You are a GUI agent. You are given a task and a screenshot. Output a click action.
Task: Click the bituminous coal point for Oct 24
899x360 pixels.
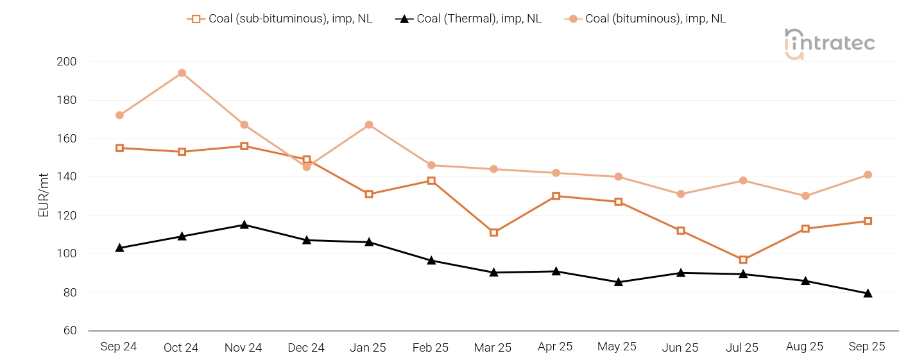coord(182,73)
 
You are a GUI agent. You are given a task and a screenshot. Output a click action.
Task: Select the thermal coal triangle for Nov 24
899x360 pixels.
coord(244,225)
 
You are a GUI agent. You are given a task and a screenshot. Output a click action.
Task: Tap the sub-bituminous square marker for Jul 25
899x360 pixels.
coord(743,260)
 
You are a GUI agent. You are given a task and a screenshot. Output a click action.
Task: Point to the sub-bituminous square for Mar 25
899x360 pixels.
coord(493,232)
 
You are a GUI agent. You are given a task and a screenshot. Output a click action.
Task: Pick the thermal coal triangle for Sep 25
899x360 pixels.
coord(868,293)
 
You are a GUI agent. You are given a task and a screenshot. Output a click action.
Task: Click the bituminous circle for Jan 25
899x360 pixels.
coord(369,124)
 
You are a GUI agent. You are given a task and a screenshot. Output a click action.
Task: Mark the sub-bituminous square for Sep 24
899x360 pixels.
coord(119,148)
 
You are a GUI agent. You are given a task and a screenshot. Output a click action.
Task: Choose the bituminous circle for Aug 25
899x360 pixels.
coord(805,196)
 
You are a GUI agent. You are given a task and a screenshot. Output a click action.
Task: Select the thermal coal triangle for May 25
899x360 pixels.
coord(618,282)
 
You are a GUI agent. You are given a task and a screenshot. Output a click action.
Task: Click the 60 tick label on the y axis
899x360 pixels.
coord(70,330)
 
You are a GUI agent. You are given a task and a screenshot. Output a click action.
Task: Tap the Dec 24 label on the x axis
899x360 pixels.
coord(306,347)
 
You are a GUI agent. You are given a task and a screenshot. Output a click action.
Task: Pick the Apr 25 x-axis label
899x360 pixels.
coord(555,347)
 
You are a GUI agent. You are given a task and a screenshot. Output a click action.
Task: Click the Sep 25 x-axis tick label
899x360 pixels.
coord(867,347)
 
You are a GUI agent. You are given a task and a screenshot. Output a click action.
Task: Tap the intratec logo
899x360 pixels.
coord(829,44)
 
